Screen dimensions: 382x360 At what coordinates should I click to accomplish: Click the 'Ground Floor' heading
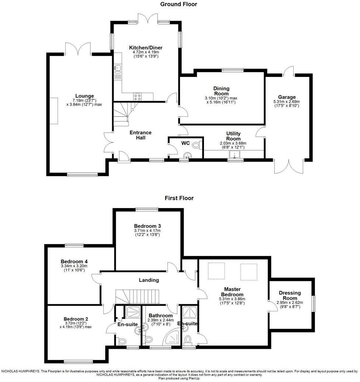tap(179, 4)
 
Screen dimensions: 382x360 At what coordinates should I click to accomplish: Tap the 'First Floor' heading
tap(179, 198)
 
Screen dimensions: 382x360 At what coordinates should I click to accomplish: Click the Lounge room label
tap(84, 96)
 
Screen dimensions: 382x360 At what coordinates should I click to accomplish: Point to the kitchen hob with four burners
tap(138, 97)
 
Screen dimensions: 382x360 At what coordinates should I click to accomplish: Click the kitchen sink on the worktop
tap(118, 68)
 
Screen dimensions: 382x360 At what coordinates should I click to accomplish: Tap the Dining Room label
tap(221, 91)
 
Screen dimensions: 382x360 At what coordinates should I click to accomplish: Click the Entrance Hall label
tap(140, 135)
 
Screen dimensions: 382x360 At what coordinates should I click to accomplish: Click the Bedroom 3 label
tap(147, 226)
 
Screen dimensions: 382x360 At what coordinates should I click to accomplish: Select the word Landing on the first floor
tap(149, 280)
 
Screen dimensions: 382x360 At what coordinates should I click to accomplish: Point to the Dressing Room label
tap(290, 295)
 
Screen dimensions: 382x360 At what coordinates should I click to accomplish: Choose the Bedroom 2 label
tap(76, 319)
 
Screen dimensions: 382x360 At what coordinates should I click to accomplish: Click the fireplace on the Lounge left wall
tap(54, 111)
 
